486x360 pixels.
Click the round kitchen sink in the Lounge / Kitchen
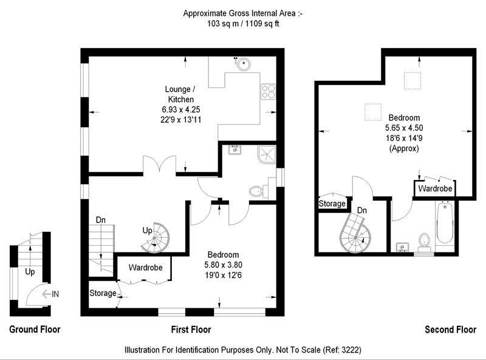pos(244,64)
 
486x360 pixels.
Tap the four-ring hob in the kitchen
pos(268,92)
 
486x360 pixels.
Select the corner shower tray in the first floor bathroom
pos(266,154)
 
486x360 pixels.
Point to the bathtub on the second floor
pos(445,222)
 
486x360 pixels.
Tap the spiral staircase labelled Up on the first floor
pos(156,237)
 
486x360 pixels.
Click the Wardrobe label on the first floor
pos(145,268)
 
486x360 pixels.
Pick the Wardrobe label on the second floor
pos(435,189)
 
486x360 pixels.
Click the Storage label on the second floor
pos(332,204)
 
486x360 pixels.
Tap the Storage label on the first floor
pos(103,293)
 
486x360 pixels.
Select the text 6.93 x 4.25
pos(180,109)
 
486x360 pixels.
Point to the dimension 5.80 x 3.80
pos(223,265)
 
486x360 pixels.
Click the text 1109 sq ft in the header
pos(262,24)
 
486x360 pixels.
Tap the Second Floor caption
pos(450,329)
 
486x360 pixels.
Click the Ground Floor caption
pos(35,329)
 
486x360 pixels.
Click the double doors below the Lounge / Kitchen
pos(159,164)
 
